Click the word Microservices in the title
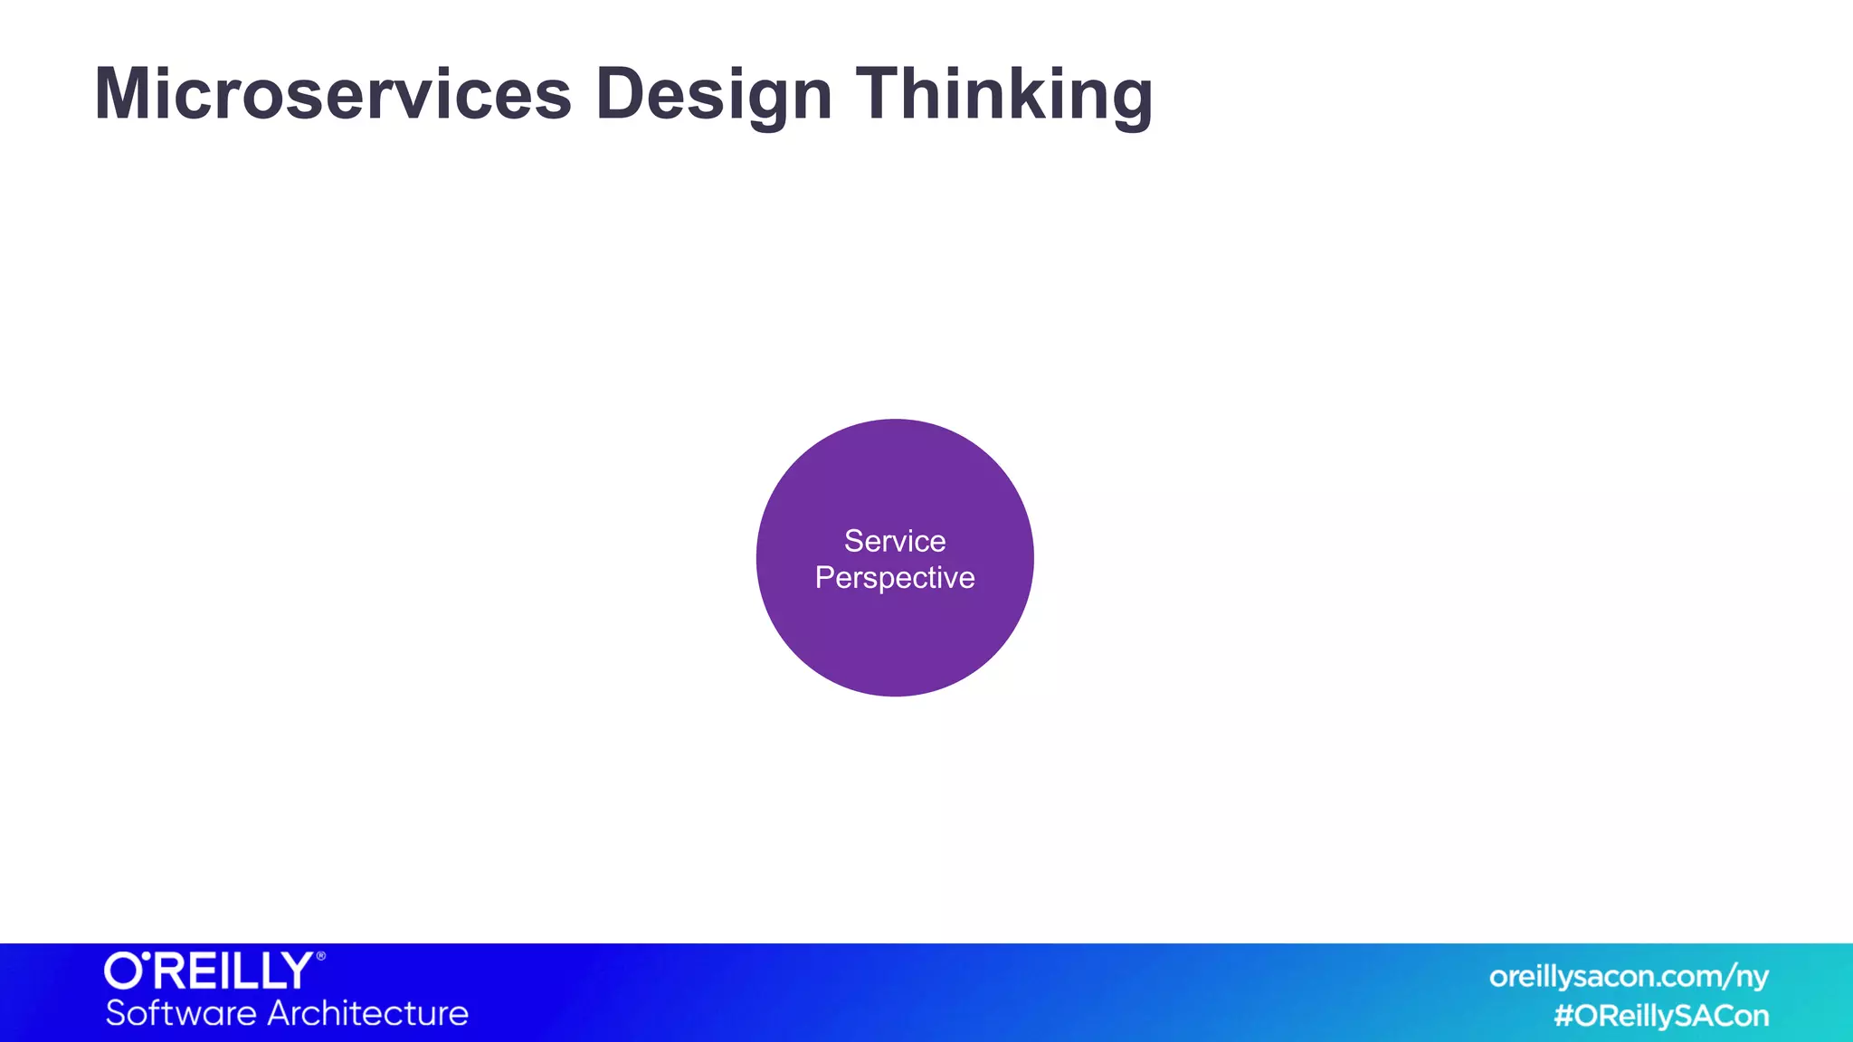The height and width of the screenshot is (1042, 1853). coord(333,94)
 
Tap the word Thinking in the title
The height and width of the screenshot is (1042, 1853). coord(1003,94)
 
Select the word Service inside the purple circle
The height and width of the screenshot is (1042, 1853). coord(895,541)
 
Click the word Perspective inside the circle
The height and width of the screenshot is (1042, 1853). coord(895,578)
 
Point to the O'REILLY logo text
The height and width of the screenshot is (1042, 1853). coord(210,971)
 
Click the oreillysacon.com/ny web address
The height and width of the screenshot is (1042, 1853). coord(1628,977)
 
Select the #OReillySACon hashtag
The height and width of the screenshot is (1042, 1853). coord(1661,1016)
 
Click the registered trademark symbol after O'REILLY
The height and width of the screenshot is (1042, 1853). coord(320,956)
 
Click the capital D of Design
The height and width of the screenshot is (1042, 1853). coord(621,94)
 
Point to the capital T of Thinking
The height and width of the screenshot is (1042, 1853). coord(882,94)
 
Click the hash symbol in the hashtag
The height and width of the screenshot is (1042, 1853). coord(1564,1016)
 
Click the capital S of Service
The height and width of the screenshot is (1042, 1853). coord(854,541)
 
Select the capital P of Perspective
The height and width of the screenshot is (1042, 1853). coord(823,577)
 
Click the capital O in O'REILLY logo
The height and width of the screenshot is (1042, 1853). coord(122,971)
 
